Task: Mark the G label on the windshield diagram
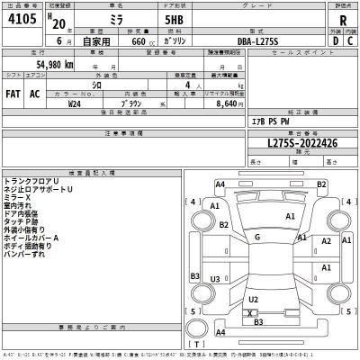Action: click(x=257, y=237)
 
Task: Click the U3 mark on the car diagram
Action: click(x=216, y=280)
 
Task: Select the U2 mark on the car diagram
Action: click(x=253, y=299)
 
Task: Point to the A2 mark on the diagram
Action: click(x=327, y=241)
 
